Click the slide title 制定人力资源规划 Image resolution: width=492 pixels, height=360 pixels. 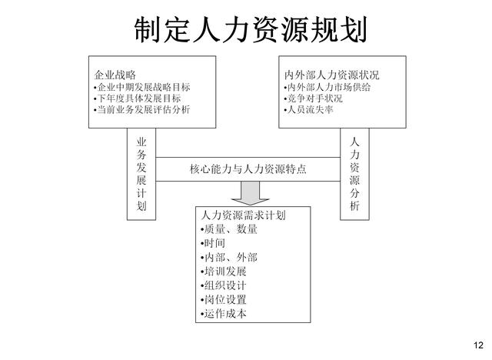(251, 30)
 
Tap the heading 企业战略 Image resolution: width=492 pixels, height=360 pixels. (115, 75)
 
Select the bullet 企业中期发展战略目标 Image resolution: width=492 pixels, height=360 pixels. (141, 87)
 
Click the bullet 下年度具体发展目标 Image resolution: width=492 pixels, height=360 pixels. (137, 98)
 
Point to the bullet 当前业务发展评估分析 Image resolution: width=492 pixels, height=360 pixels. (141, 109)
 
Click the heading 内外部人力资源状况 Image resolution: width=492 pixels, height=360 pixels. (331, 75)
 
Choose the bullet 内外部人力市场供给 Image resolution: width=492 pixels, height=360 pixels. (327, 87)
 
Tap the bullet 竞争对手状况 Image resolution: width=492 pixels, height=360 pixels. (313, 98)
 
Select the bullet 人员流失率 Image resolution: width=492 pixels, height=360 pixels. (308, 109)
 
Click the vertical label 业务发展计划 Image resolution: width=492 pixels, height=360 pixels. (141, 174)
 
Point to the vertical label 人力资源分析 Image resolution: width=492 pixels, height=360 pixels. (354, 174)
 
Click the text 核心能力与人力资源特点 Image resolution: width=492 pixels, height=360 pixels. (248, 169)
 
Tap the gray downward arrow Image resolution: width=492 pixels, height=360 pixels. (250, 193)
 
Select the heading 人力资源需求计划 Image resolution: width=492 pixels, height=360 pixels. (244, 215)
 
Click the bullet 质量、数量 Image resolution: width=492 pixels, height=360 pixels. (229, 229)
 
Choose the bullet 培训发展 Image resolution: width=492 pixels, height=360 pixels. (224, 272)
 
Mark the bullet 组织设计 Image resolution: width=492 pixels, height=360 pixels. (224, 285)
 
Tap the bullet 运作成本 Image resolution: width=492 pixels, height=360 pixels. (224, 314)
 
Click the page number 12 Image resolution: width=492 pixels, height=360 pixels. (478, 345)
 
